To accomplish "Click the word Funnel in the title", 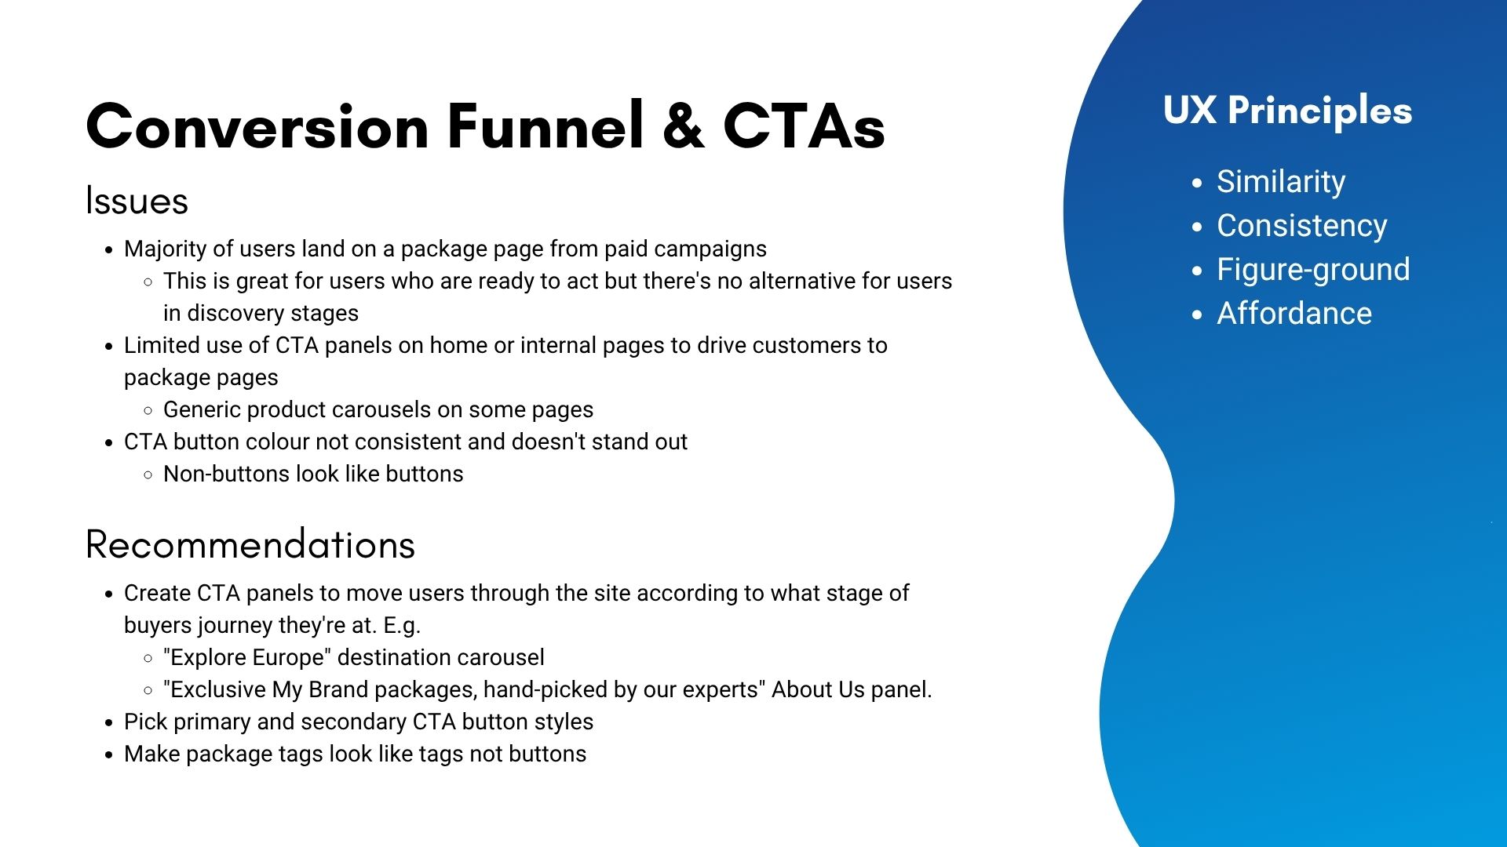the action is coord(546,125).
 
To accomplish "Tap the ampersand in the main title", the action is coord(684,126).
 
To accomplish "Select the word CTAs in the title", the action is coord(804,126).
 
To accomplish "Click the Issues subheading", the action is coord(137,201).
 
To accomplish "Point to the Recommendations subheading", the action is coord(250,544).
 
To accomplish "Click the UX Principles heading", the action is coord(1287,111).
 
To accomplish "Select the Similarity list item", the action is coord(1281,181).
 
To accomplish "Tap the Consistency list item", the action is coord(1302,225).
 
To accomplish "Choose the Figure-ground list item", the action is coord(1313,270).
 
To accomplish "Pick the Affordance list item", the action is coord(1294,313).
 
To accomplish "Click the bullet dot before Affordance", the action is coord(1197,315).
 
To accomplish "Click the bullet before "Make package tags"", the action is coord(109,755).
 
